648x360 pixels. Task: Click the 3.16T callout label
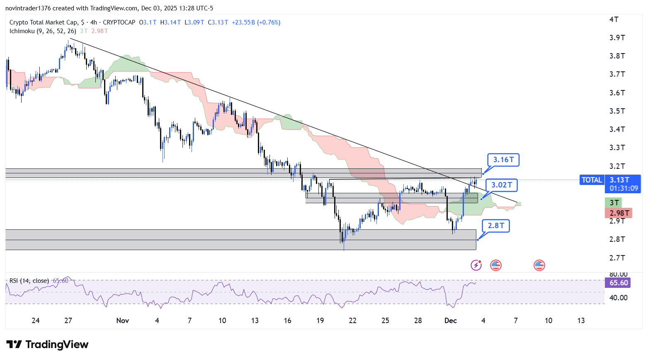pos(503,160)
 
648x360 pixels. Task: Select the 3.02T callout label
pos(502,185)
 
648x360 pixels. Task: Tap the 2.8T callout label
pos(496,226)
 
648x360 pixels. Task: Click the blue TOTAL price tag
pos(592,180)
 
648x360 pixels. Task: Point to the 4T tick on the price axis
pos(614,19)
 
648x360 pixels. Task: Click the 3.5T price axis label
pos(617,111)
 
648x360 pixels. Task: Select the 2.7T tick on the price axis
pos(617,258)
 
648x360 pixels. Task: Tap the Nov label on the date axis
pos(123,321)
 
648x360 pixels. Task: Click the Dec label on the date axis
pos(450,321)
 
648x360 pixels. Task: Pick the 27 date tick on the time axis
pos(68,321)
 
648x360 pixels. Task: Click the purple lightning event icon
pos(476,265)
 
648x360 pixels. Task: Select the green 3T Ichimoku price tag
pos(614,203)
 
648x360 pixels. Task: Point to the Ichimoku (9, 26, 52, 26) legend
pos(43,31)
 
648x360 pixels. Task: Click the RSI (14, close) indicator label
pos(29,281)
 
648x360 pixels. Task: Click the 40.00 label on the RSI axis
pos(618,298)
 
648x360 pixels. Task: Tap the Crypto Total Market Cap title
pos(44,22)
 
